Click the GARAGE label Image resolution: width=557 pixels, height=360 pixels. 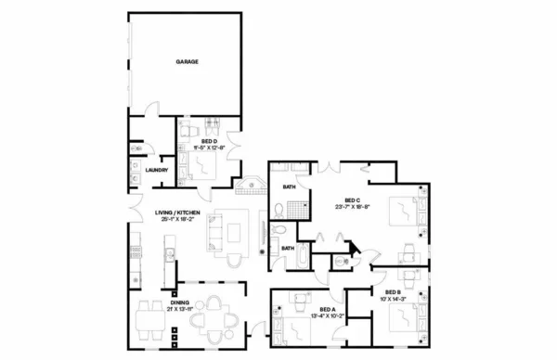pyautogui.click(x=188, y=62)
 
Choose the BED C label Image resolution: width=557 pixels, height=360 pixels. pyautogui.click(x=352, y=200)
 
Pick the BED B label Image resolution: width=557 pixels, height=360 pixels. pyautogui.click(x=394, y=290)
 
